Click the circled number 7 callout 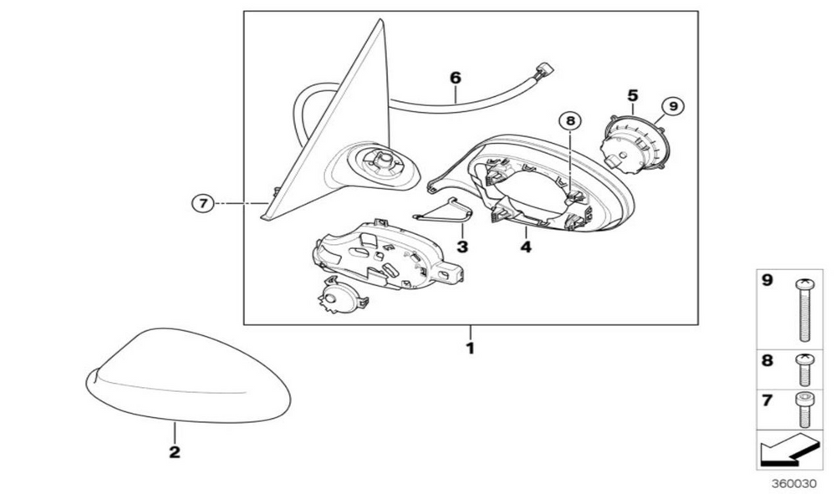202,203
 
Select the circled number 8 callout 570,121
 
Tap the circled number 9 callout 673,107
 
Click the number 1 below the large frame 470,349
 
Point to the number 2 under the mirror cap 175,452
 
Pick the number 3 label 462,247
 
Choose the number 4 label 526,247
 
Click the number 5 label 632,96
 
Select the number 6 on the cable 456,78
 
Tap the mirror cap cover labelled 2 188,375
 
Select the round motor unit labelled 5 634,144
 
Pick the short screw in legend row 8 804,369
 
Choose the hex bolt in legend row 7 804,410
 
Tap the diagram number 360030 794,483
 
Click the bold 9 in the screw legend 767,280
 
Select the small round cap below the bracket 343,296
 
